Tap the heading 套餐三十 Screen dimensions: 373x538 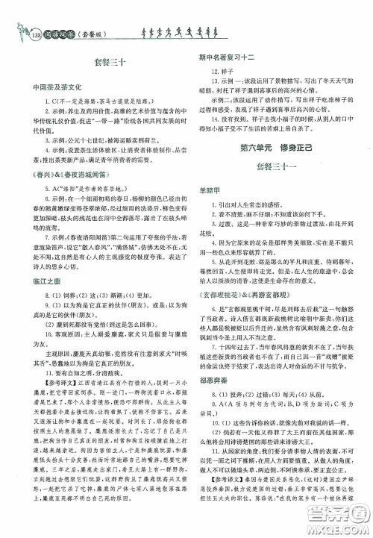coord(100,63)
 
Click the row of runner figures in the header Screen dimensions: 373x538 coord(167,31)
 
